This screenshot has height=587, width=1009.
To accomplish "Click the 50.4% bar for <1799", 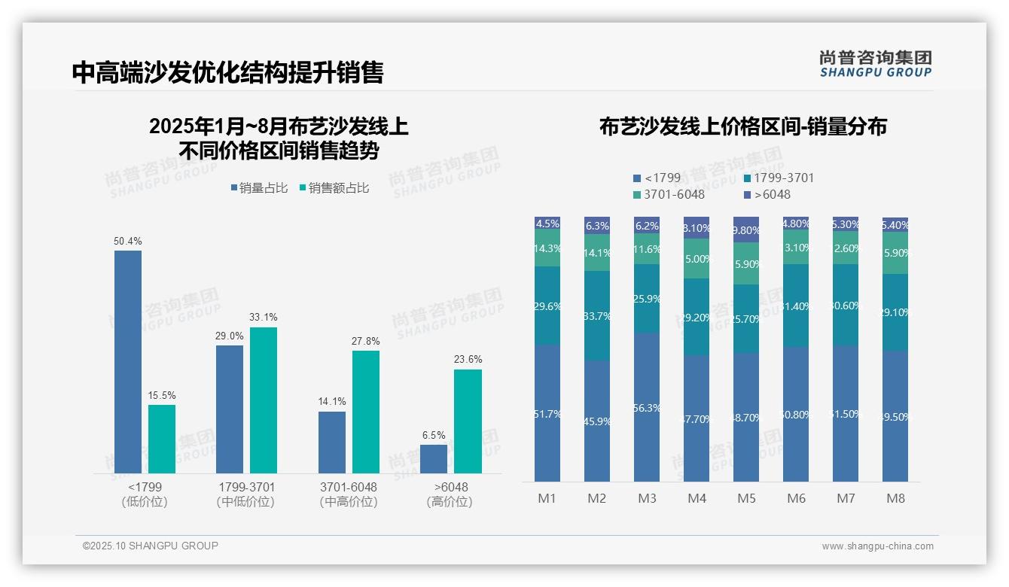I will (x=128, y=361).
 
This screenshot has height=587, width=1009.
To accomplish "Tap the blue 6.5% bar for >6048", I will (x=434, y=459).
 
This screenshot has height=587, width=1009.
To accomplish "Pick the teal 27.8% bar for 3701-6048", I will (x=366, y=412).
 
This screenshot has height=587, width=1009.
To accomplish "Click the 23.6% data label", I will (x=468, y=359).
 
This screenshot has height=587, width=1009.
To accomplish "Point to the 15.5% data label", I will (x=162, y=395).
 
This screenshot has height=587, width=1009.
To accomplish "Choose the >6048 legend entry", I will (x=767, y=194).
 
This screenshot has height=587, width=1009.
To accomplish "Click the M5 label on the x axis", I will (x=746, y=498).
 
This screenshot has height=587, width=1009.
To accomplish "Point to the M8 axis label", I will (x=895, y=498).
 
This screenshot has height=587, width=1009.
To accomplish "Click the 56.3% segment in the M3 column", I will (x=647, y=407).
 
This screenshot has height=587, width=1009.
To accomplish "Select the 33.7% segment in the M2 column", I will (x=597, y=315).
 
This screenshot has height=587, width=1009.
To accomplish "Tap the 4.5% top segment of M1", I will (x=547, y=224).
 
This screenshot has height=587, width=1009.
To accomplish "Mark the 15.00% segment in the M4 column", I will (x=697, y=258).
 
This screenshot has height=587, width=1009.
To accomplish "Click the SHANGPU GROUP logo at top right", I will (x=875, y=64).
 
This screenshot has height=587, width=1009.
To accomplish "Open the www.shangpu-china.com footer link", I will (x=877, y=546).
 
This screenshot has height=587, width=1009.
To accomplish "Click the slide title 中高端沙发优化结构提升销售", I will (x=227, y=72).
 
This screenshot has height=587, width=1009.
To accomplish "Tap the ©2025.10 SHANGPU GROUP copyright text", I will (x=151, y=546).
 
